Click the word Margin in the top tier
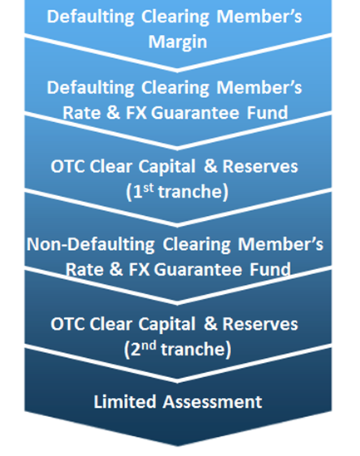coord(179,40)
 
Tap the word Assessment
coord(210,402)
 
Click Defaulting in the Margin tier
coord(89,18)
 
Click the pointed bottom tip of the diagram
coord(180,448)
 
